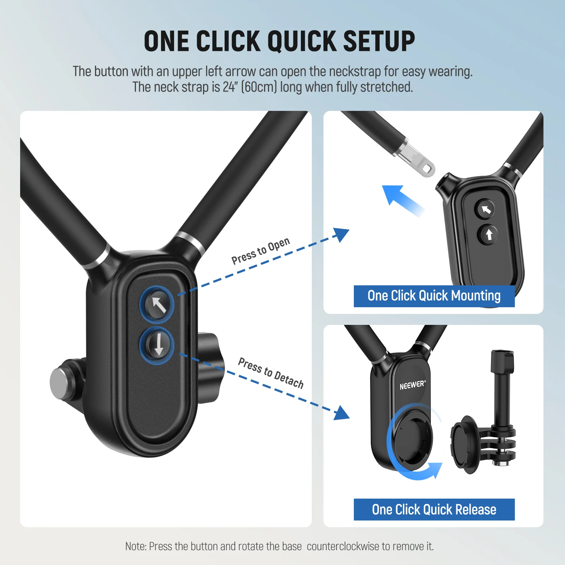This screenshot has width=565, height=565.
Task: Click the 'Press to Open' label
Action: click(261, 251)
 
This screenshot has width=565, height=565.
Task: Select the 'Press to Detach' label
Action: click(271, 373)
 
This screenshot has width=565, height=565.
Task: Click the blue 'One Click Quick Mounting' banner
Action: click(434, 296)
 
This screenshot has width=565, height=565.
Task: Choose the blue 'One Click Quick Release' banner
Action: click(434, 510)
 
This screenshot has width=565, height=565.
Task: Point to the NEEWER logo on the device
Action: click(412, 385)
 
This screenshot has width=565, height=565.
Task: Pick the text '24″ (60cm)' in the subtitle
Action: click(250, 87)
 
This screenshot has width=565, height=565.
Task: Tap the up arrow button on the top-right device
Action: click(489, 234)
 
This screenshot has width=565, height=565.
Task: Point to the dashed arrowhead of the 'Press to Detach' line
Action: click(341, 413)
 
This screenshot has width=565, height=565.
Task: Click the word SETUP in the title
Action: click(379, 41)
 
